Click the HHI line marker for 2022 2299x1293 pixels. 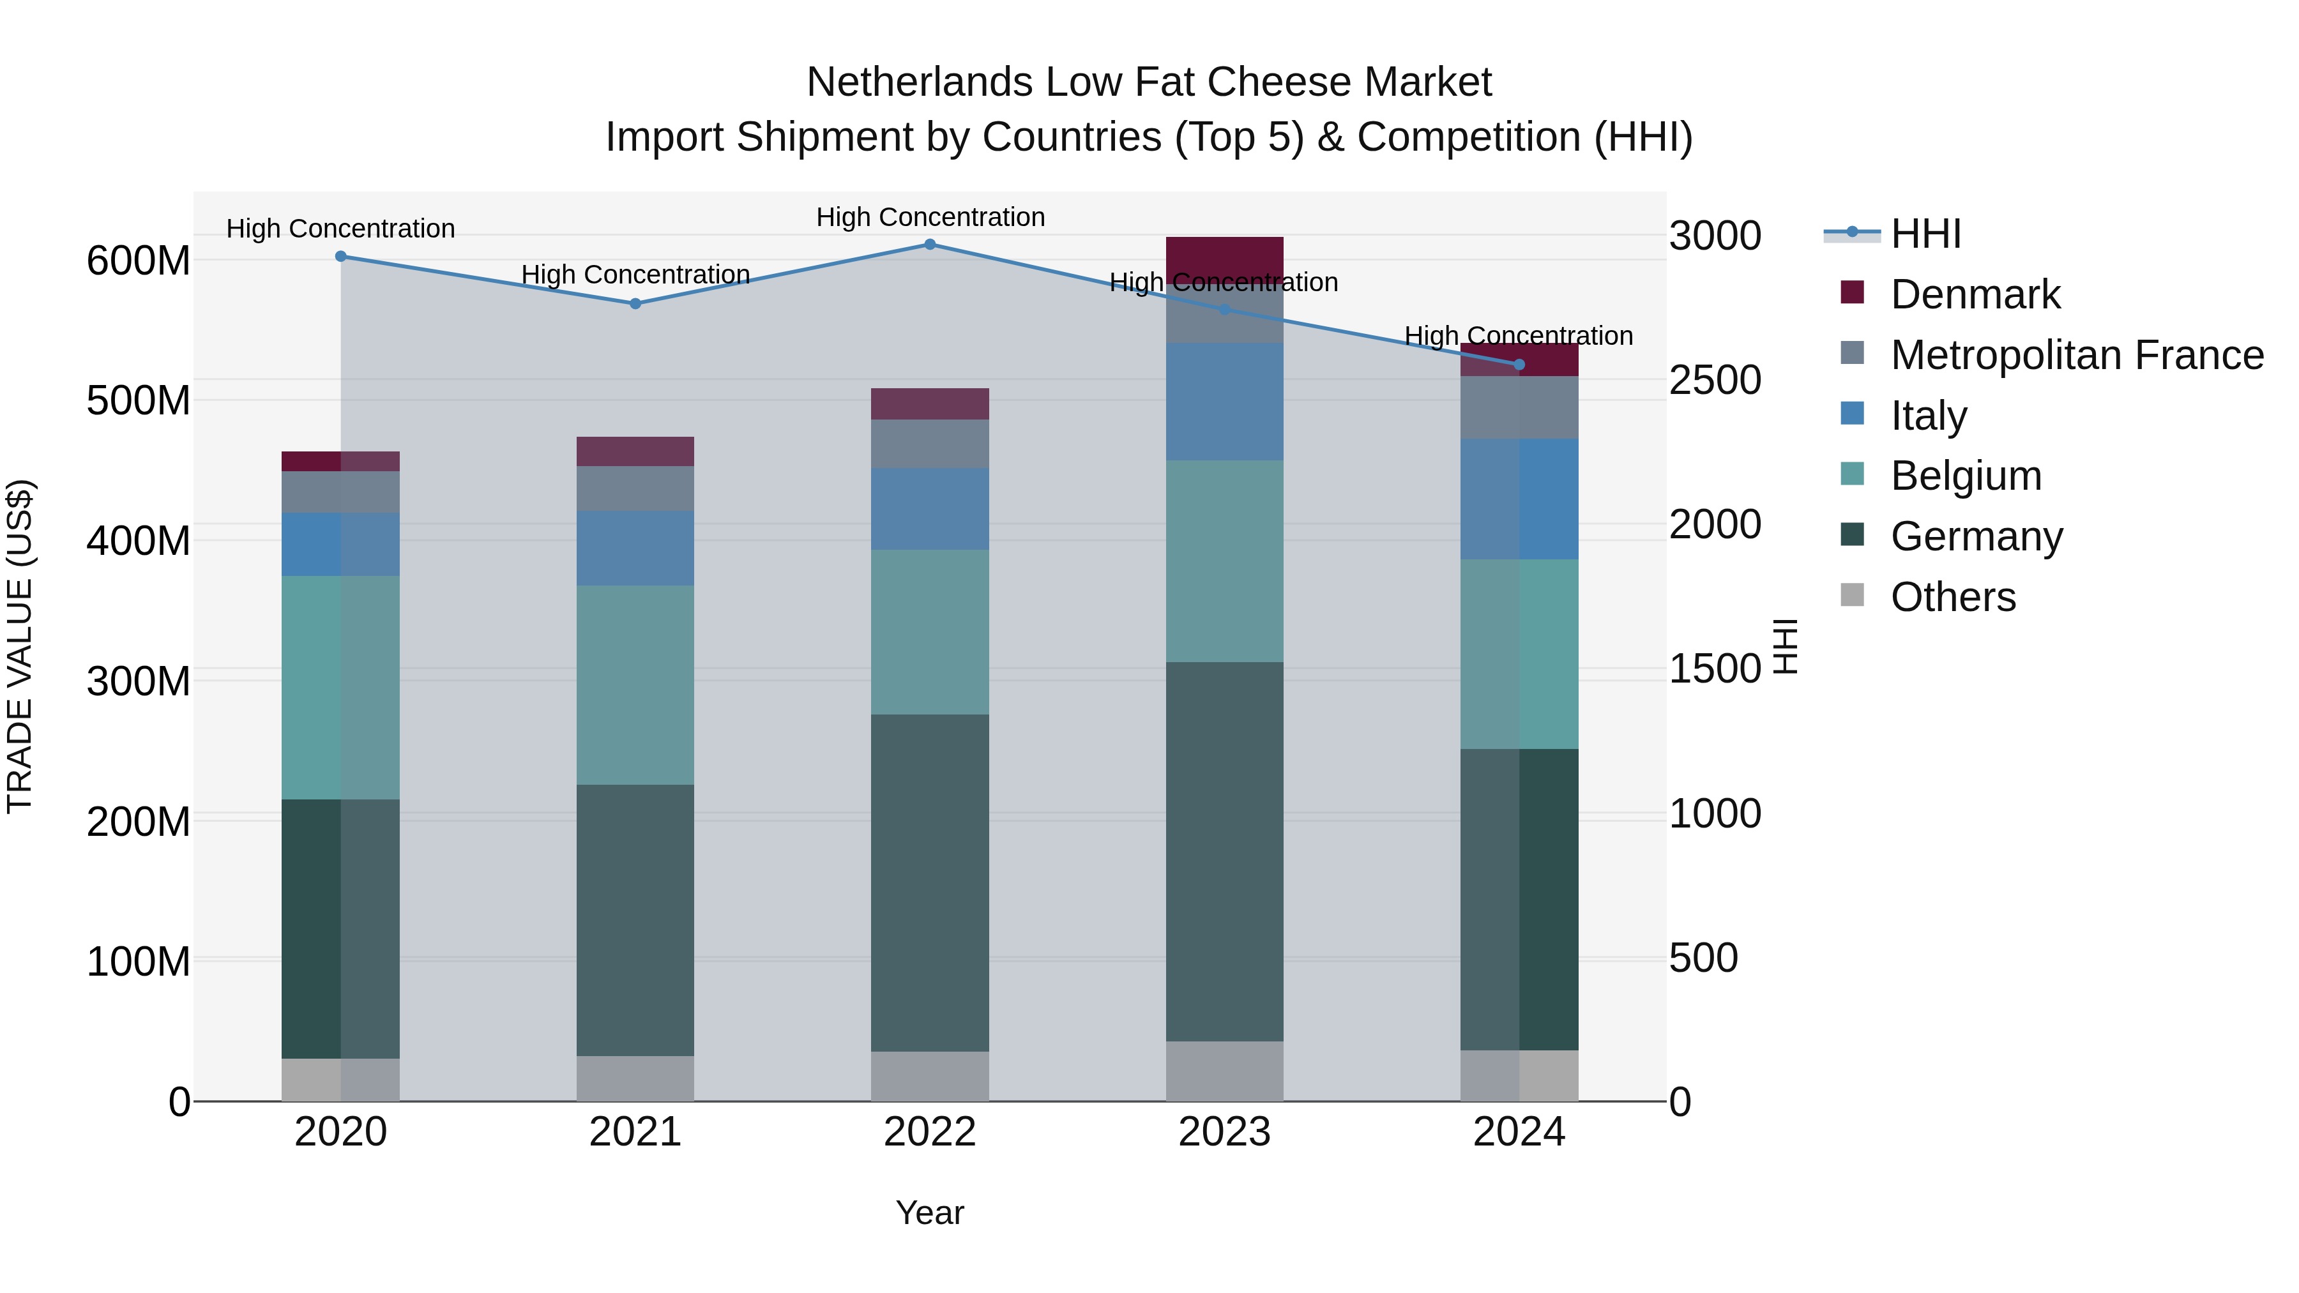pos(930,245)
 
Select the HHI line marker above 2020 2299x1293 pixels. pos(341,256)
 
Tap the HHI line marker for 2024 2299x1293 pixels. pos(1520,364)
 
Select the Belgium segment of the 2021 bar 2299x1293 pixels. pos(635,684)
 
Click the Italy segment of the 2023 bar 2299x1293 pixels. pos(1224,402)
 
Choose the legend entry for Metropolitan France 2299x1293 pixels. pos(2077,355)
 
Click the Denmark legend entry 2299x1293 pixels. pos(1975,294)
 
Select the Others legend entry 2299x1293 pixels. pos(1953,597)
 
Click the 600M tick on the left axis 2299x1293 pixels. pos(139,261)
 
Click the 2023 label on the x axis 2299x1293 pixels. pos(1224,1132)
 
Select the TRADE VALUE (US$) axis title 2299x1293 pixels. pos(20,646)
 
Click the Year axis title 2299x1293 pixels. pos(930,1213)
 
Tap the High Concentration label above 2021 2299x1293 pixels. pos(635,275)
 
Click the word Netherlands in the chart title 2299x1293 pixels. pos(920,82)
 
